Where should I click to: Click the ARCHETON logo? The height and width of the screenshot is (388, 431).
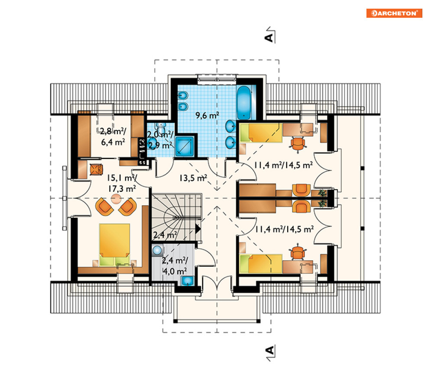394,13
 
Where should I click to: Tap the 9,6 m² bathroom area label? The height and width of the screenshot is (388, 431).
207,116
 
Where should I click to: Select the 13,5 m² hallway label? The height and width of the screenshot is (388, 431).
193,178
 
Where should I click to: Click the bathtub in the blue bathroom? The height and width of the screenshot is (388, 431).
243,102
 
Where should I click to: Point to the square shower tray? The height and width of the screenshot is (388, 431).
185,146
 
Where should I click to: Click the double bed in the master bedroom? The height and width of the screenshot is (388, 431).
114,245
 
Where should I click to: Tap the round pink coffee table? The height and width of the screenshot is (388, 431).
116,198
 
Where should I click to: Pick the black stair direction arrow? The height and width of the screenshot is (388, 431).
198,229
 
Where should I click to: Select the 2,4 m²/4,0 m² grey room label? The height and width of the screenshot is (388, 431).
175,265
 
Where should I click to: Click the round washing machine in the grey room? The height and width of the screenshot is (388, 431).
157,250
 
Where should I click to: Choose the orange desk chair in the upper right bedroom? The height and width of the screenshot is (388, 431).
298,143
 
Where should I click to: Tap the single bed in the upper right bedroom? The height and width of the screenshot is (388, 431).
261,133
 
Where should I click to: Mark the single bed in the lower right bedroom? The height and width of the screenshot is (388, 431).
261,264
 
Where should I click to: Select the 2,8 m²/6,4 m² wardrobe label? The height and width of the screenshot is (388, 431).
113,136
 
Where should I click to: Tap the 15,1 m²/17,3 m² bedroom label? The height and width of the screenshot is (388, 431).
122,183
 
